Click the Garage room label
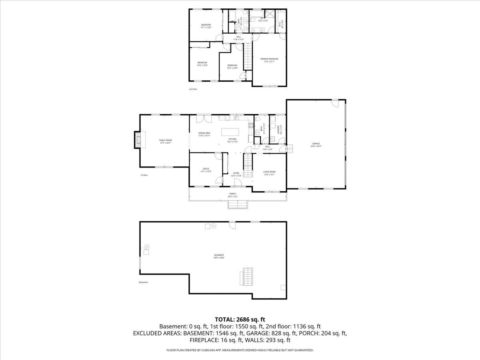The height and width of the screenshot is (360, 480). [316, 143]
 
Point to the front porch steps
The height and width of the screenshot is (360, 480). [238, 204]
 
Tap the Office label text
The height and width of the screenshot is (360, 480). [206, 169]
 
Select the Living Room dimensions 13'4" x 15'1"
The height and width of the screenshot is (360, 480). [269, 174]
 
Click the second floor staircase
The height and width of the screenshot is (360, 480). [248, 56]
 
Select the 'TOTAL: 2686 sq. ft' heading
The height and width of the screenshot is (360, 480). [240, 319]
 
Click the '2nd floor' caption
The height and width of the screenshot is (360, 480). [193, 89]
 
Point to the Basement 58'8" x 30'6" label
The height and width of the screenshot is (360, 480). [219, 256]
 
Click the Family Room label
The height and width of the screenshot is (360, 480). [165, 140]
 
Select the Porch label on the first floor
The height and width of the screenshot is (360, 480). [238, 194]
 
